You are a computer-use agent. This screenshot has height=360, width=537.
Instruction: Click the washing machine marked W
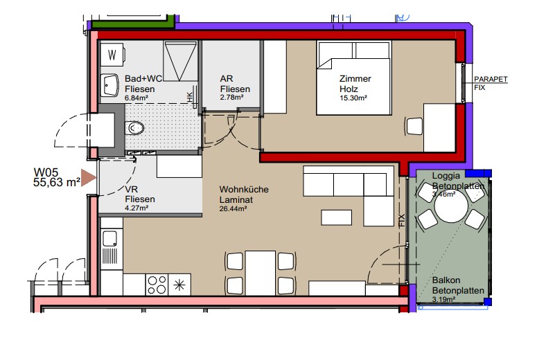(112, 55)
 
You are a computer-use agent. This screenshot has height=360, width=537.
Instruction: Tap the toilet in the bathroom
(134, 128)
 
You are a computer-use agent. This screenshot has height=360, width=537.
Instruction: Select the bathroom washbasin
(109, 85)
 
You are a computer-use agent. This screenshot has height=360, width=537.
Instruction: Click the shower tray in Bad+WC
(180, 61)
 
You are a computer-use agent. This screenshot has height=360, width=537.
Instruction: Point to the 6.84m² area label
(137, 98)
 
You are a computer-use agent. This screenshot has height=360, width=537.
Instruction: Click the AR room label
(227, 79)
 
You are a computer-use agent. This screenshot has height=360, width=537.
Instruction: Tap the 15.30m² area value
(353, 98)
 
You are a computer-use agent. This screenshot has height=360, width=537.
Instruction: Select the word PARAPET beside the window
(491, 79)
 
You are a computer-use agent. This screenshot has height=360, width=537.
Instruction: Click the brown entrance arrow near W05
(89, 178)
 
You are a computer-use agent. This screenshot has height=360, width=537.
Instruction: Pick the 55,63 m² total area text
(57, 182)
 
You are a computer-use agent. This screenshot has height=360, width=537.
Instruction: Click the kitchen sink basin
(109, 238)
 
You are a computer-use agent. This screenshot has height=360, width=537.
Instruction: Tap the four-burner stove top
(157, 285)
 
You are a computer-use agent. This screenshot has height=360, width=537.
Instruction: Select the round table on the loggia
(451, 207)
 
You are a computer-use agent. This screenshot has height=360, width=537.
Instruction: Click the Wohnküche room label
(244, 189)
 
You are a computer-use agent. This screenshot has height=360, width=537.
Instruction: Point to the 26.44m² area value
(234, 208)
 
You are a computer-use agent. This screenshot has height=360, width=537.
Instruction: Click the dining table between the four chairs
(261, 273)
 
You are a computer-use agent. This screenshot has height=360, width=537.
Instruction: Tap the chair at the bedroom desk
(414, 126)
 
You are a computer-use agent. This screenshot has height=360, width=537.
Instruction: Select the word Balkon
(446, 280)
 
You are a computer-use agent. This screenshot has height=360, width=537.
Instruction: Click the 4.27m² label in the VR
(137, 208)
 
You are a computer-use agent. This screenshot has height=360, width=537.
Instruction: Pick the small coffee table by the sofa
(336, 217)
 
